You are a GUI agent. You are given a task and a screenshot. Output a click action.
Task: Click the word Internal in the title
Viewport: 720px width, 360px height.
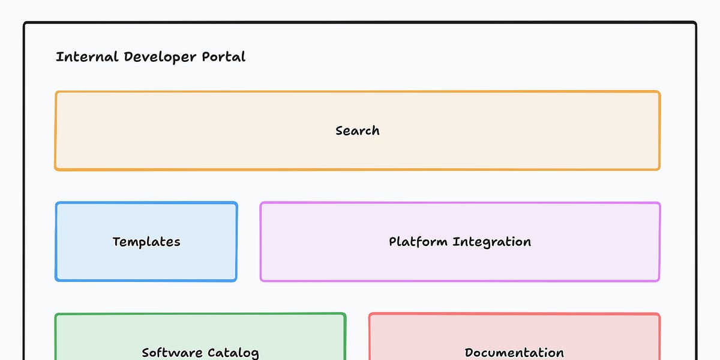87,57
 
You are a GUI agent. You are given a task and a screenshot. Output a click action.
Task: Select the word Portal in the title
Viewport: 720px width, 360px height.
224,57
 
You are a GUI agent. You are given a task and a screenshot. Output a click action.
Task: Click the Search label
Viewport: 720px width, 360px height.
358,131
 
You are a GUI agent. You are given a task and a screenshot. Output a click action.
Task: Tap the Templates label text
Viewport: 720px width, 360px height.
146,242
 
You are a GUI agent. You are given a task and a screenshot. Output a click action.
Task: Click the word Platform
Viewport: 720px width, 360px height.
418,242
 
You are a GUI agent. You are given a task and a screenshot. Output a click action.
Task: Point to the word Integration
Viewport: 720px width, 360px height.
492,242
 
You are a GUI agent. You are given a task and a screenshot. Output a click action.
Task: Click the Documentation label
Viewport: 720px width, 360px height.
514,353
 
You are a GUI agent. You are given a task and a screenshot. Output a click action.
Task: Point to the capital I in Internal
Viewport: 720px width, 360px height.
58,57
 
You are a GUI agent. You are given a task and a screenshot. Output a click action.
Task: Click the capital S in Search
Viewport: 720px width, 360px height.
340,131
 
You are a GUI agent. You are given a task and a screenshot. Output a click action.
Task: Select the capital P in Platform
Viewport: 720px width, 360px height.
393,242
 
